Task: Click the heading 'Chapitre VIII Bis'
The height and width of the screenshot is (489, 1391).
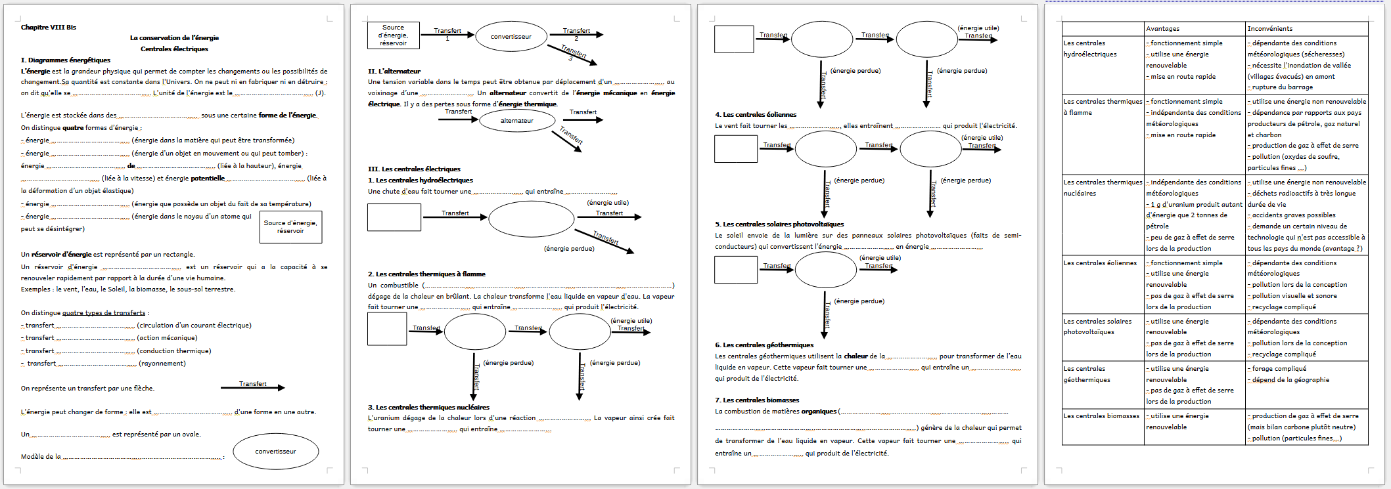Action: tap(48, 28)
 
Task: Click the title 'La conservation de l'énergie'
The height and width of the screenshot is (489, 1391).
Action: tap(174, 38)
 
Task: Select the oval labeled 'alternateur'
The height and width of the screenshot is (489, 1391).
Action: tap(517, 121)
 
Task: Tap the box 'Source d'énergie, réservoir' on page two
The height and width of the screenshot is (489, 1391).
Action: tap(393, 35)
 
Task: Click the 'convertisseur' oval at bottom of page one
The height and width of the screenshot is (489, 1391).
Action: tap(276, 452)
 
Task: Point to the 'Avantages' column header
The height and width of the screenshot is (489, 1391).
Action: tap(1162, 29)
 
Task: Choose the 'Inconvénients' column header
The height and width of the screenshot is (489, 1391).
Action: tap(1269, 29)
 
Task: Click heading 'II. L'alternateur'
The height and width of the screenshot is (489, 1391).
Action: tap(394, 71)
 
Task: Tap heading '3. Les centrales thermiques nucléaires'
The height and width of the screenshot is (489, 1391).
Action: tap(428, 407)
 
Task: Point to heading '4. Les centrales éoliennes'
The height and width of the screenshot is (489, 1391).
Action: tap(756, 114)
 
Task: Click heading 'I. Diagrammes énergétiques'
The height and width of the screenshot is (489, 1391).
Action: tap(66, 60)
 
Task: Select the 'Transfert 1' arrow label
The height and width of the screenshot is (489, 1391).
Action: tap(447, 33)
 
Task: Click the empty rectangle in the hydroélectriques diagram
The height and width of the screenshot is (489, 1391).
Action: tap(394, 217)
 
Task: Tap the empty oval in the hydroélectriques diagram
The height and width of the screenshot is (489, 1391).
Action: tap(531, 219)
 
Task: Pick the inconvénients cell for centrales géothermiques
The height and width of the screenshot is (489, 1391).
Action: tap(1306, 374)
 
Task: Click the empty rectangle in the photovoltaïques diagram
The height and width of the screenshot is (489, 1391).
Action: tap(736, 270)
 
